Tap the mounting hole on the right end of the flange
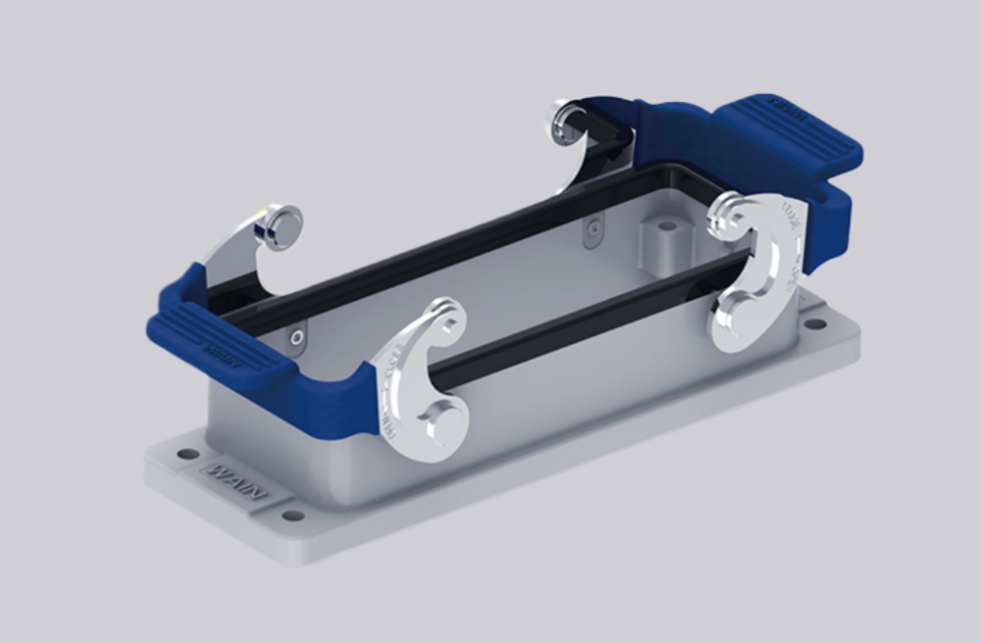coord(811,320)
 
